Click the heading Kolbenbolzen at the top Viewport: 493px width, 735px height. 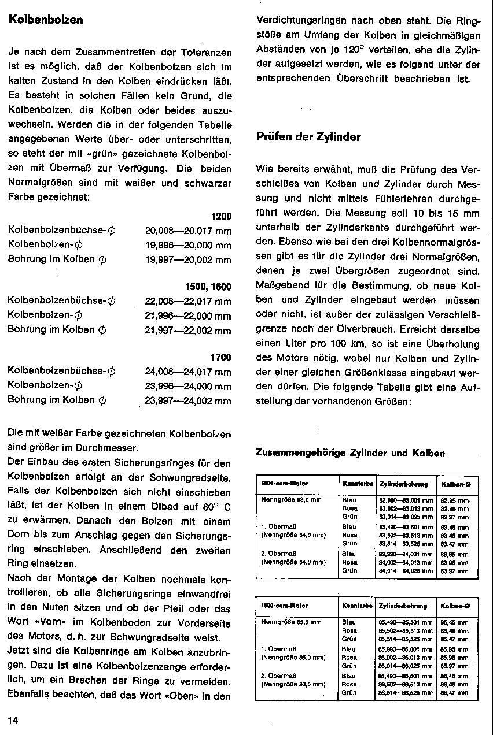click(x=46, y=20)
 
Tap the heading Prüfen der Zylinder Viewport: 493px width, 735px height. click(x=308, y=137)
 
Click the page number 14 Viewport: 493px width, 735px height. click(x=13, y=720)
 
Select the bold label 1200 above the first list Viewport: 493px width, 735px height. click(x=221, y=216)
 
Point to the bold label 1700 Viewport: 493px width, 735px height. click(x=221, y=358)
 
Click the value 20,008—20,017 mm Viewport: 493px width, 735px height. click(x=188, y=231)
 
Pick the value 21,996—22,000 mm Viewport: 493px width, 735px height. click(x=188, y=315)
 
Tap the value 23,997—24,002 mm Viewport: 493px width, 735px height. click(x=188, y=400)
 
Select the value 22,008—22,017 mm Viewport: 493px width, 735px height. click(x=188, y=301)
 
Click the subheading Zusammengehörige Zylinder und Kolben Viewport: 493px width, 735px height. click(x=350, y=453)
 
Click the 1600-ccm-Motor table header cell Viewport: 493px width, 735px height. click(x=279, y=606)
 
